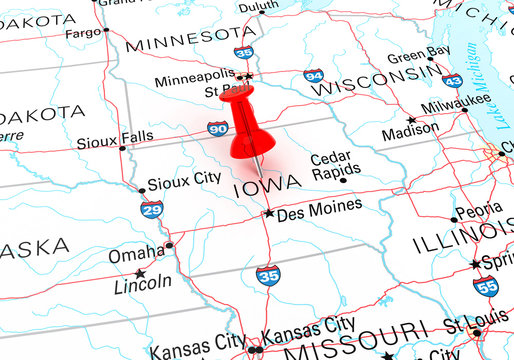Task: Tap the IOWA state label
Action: [262, 188]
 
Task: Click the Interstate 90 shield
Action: [217, 127]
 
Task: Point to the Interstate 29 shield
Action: [152, 209]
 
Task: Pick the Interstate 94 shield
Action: [313, 76]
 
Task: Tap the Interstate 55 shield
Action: [486, 287]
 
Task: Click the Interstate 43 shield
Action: [452, 81]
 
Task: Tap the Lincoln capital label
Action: [143, 282]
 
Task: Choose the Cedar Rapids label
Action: [330, 165]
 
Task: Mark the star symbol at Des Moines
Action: [268, 213]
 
